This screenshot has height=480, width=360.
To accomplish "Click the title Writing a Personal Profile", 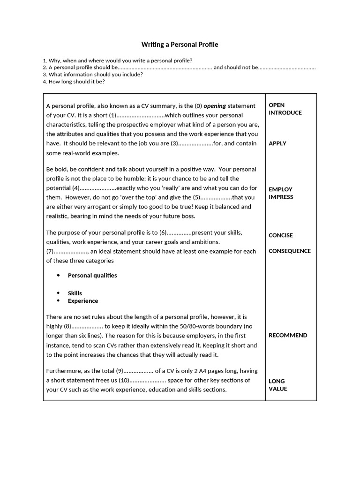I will click(x=180, y=45).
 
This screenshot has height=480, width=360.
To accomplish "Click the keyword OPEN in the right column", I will click(x=277, y=105).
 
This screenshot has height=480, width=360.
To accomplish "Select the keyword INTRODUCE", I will click(x=285, y=112).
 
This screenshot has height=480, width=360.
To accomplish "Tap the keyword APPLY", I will click(x=277, y=143).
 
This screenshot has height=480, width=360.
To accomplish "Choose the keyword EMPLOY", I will click(x=280, y=189).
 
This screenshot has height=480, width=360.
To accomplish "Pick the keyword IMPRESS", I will click(x=281, y=197).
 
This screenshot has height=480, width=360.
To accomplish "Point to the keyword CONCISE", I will click(x=280, y=235).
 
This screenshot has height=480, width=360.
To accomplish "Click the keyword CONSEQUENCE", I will click(x=289, y=251).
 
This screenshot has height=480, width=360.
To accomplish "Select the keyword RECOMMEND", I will click(x=288, y=335).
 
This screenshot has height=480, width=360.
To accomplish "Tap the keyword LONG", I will click(x=277, y=381).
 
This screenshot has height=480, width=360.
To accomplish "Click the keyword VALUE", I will click(x=278, y=389).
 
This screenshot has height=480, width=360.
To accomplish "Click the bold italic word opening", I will click(x=215, y=106).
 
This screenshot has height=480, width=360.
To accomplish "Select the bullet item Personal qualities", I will click(x=92, y=275).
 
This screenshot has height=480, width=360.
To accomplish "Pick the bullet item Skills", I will click(x=75, y=293).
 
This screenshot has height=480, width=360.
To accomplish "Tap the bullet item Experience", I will click(x=83, y=301).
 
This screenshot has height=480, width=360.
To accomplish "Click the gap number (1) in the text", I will click(x=112, y=115).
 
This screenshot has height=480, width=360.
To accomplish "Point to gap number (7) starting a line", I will click(x=50, y=251).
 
